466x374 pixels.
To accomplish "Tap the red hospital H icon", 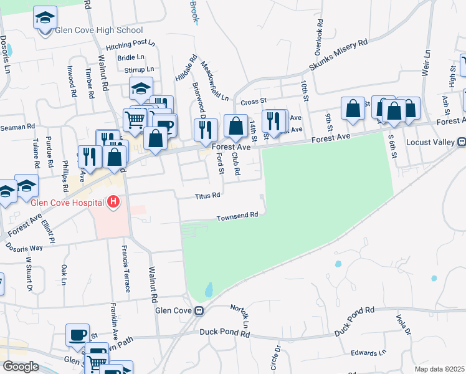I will pos(113,201).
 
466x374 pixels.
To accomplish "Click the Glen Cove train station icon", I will pos(199,310).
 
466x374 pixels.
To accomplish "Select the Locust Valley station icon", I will pos(462,141).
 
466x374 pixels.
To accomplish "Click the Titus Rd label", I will pos(207,195).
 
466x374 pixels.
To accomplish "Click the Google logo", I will pos(21,366).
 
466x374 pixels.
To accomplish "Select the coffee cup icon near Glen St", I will pos(78,335).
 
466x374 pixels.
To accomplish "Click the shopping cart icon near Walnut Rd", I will pos(134,118).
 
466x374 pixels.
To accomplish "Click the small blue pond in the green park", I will pos(209,289).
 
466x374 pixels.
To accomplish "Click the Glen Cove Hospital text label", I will pos(68,202).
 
